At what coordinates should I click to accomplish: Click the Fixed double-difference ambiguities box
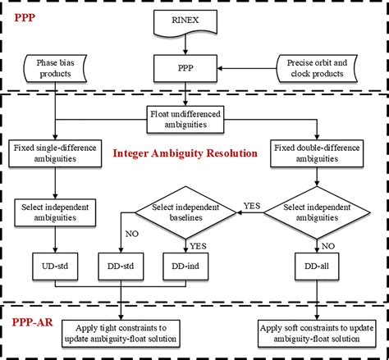(319, 153)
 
